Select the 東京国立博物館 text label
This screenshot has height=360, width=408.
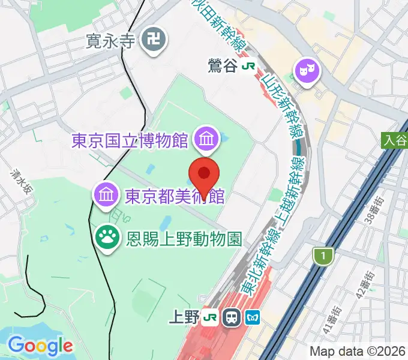(x=130, y=141)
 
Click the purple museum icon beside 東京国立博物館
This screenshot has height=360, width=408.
(x=206, y=140)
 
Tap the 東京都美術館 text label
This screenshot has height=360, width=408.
(x=175, y=196)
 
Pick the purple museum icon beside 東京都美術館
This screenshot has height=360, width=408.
(x=106, y=195)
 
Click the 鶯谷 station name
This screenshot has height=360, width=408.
(x=223, y=65)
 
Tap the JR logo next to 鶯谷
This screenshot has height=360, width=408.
(x=247, y=66)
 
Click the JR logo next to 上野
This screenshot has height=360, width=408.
(x=210, y=317)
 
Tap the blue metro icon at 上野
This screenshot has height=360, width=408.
(x=252, y=317)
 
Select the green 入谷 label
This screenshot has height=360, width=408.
(x=394, y=140)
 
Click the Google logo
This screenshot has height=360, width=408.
(x=40, y=345)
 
